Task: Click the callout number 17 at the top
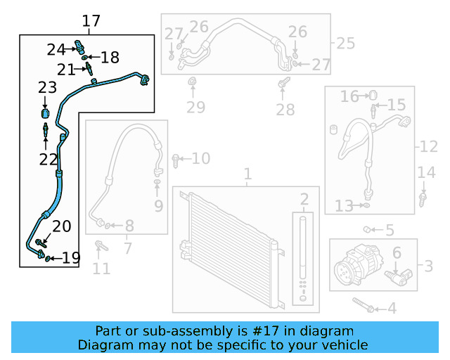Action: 91,21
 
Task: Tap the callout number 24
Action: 56,49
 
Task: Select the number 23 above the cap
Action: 47,88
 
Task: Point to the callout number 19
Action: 71,258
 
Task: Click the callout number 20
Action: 62,226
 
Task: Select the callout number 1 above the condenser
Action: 247,174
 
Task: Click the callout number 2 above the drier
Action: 304,199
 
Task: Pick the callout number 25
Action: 345,44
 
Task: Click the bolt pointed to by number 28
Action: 282,86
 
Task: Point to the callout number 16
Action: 349,96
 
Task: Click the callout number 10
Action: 200,159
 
